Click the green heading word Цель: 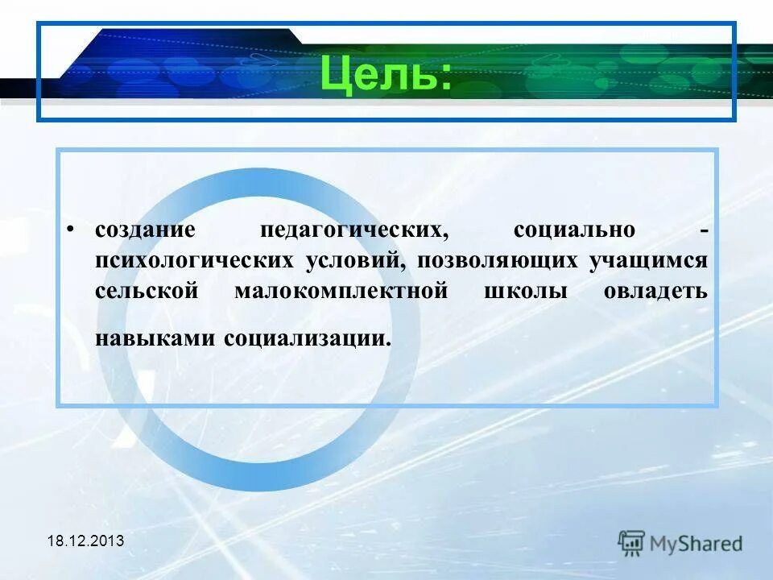tap(385, 74)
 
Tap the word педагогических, tap(353, 230)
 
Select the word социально tap(573, 230)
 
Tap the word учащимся tap(649, 261)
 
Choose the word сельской tap(146, 291)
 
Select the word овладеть tap(655, 291)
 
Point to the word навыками tap(155, 338)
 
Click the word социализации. tap(308, 338)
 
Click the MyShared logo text tap(697, 543)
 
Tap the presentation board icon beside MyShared tap(631, 542)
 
